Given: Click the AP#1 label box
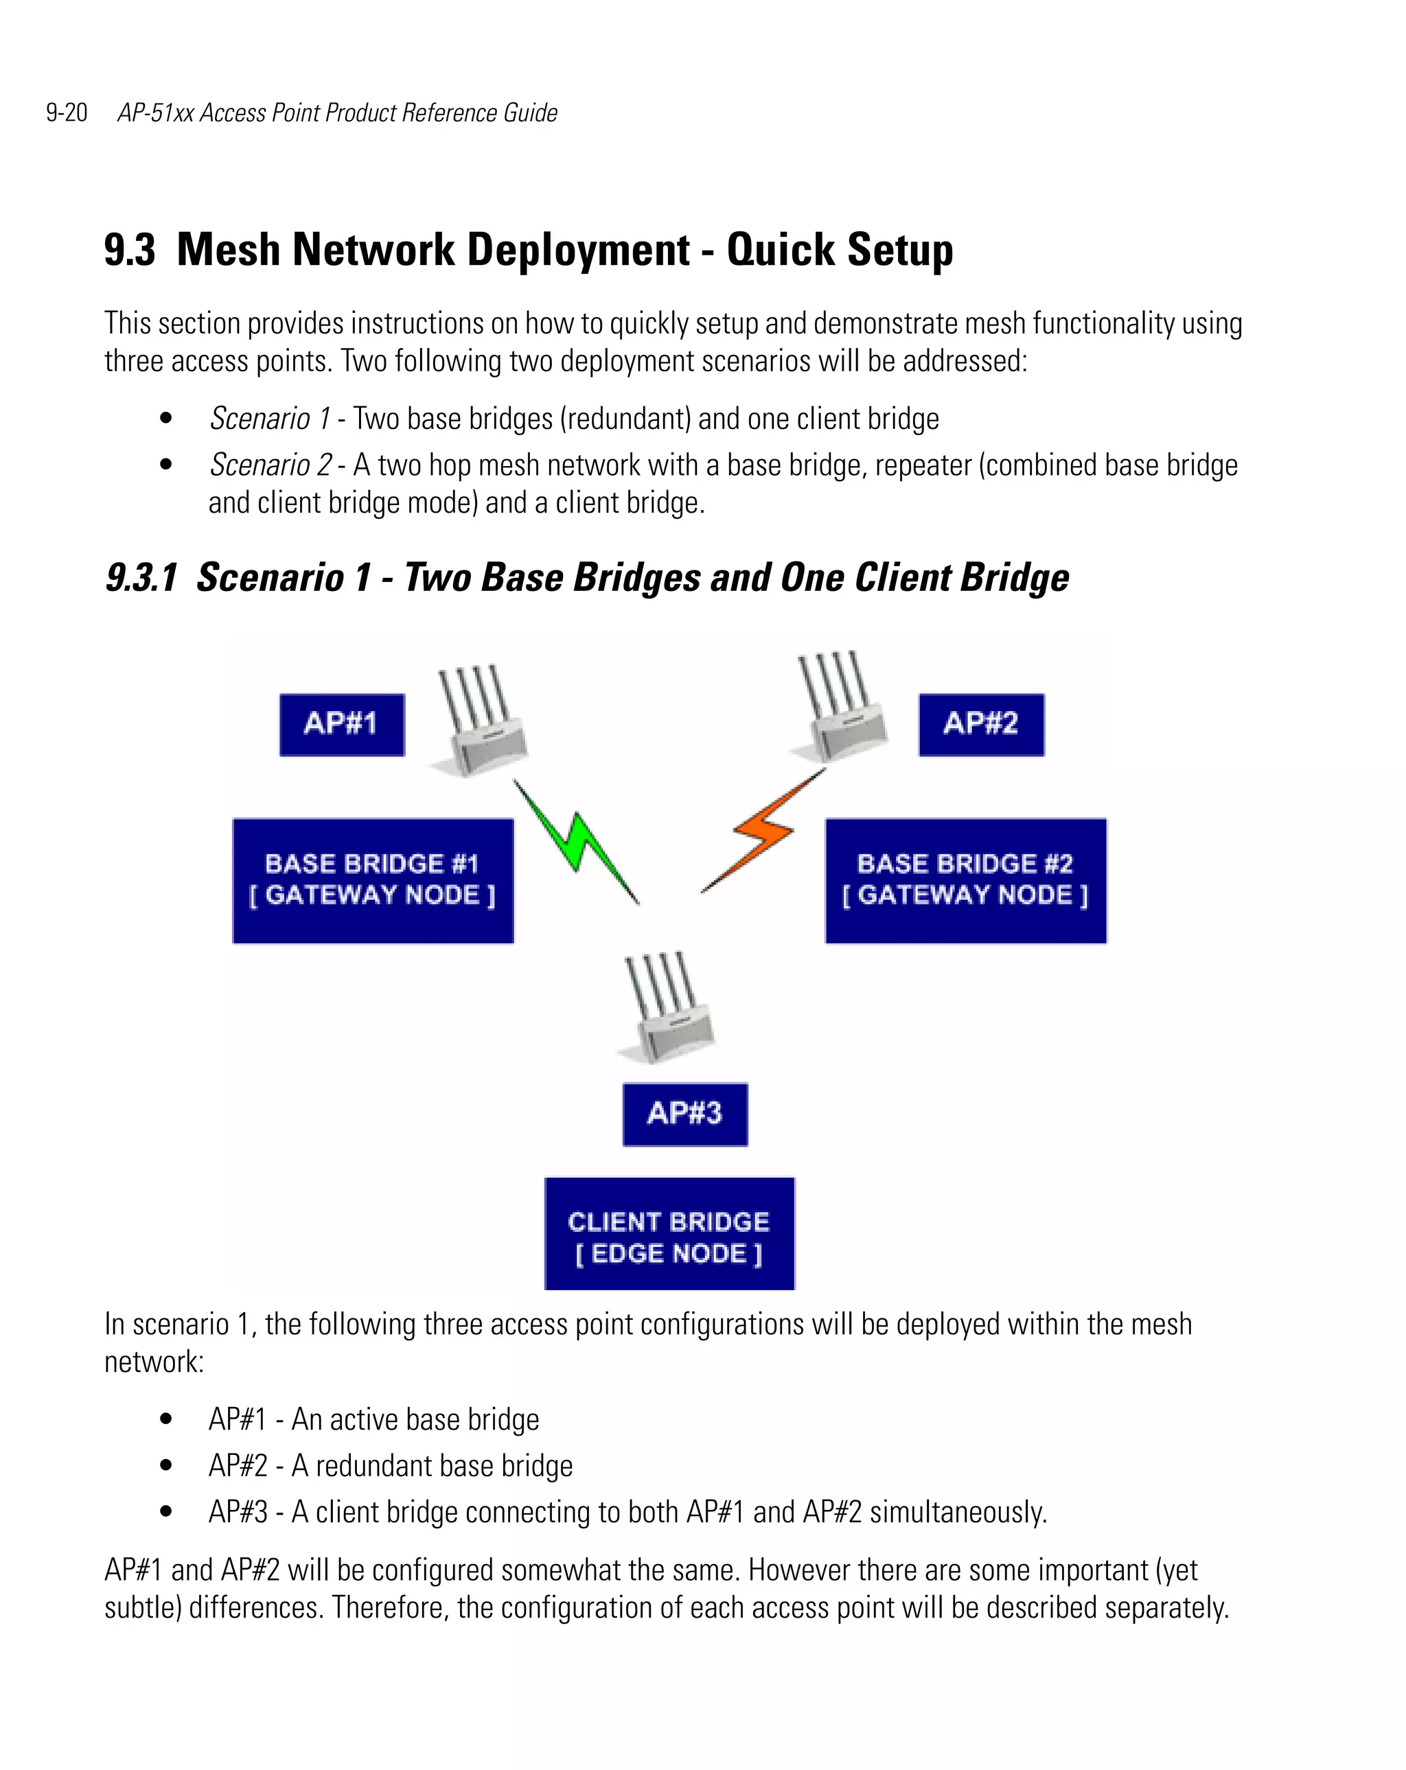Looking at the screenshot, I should tap(342, 724).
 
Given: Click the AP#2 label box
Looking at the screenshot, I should tap(980, 724).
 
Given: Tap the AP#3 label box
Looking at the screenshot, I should tap(685, 1114).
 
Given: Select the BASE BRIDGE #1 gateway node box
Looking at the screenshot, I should tap(373, 880).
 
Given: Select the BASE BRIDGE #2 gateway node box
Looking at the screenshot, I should tap(965, 880).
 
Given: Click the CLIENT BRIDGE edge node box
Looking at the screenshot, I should tap(669, 1233).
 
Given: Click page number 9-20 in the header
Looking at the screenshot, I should tap(67, 113).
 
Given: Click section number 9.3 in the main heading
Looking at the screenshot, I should tap(129, 250).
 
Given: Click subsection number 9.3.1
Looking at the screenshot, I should tap(141, 577).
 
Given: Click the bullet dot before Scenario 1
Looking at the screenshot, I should tap(166, 419).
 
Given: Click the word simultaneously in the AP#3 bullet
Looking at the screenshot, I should tap(958, 1511).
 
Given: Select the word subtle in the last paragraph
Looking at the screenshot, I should tap(141, 1607).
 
